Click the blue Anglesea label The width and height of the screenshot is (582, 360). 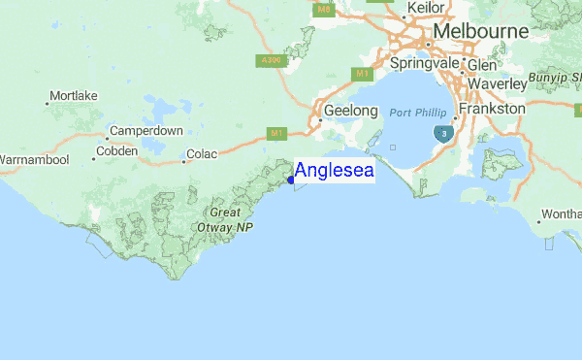[334, 172]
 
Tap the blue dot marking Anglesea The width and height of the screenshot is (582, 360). [291, 180]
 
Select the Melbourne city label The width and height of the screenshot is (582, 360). [481, 32]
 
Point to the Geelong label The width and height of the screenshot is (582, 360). [350, 111]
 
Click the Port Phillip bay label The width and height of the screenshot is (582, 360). [418, 113]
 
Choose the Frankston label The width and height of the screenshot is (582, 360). [494, 110]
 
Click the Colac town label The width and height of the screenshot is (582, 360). [203, 153]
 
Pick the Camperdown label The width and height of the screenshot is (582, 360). [146, 130]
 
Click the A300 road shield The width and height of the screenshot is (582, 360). [271, 60]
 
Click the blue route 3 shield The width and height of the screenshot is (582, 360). [443, 133]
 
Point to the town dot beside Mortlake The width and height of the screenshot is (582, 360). [48, 102]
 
